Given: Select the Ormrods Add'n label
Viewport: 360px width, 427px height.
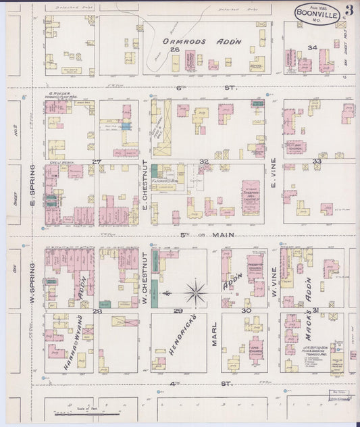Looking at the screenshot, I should [x=202, y=41].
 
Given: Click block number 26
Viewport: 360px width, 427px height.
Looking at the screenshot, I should [x=174, y=50].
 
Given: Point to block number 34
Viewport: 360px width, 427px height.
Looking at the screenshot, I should [x=311, y=48].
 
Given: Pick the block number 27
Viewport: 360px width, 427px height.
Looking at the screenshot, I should [x=97, y=161].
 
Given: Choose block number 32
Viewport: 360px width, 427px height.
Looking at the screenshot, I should [x=203, y=161].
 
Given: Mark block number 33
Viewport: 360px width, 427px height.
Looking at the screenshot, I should [x=317, y=161].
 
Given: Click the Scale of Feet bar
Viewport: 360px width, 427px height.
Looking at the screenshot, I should [x=86, y=411].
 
